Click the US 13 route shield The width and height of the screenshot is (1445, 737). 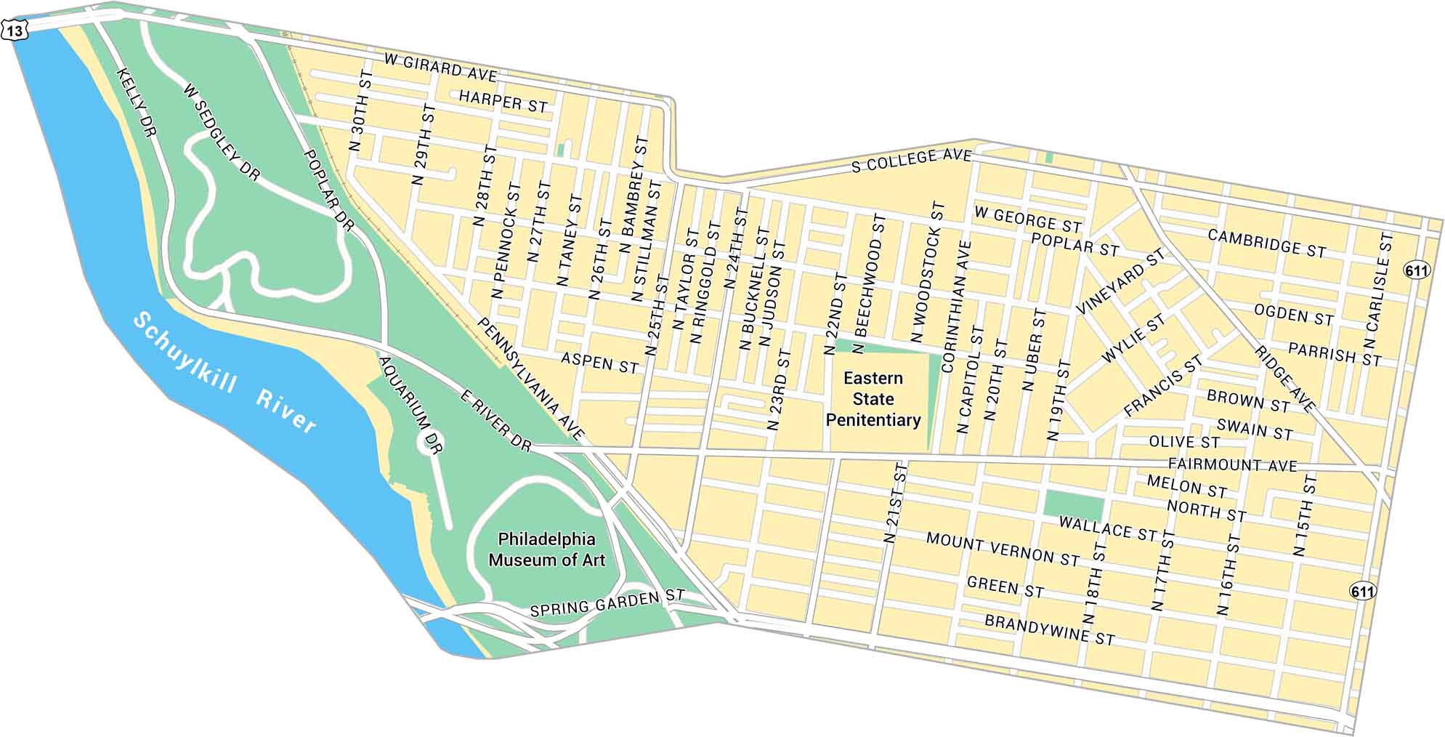15,31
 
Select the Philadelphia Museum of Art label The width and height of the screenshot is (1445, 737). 546,549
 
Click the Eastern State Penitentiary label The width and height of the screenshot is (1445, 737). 873,399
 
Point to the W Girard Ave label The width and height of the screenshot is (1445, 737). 440,68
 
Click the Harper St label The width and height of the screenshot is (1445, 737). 503,102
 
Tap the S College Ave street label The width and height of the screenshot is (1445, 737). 911,160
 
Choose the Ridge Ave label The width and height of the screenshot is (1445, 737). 1284,378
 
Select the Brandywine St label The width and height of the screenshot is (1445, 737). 1049,630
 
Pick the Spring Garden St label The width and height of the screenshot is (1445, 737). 607,603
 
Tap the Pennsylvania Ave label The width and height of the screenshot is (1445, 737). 530,379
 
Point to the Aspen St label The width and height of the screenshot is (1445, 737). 599,362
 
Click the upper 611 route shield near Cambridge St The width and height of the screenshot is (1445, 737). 1416,271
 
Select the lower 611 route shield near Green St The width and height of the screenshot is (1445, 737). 1362,591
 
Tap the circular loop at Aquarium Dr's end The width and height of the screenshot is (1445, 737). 431,442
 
